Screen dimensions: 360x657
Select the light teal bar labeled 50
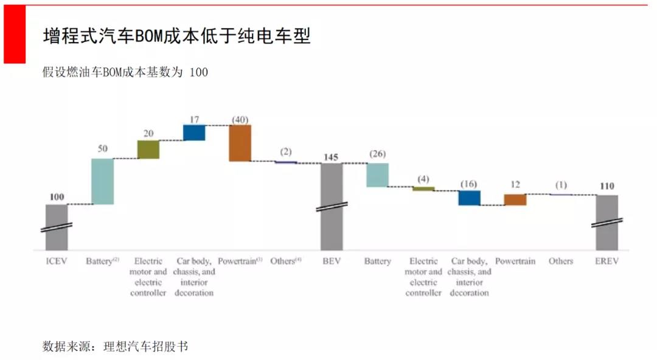click(x=102, y=181)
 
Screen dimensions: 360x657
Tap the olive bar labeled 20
click(x=148, y=150)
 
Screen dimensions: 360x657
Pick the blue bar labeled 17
click(x=194, y=133)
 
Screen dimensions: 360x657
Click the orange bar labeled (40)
click(x=240, y=143)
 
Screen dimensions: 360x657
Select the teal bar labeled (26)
click(x=377, y=175)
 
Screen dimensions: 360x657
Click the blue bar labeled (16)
click(x=469, y=198)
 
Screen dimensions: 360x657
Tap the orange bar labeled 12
click(x=515, y=199)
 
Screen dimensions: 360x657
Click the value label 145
click(x=332, y=157)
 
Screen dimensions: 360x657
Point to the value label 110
click(x=607, y=187)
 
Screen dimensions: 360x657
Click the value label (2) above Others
click(x=286, y=151)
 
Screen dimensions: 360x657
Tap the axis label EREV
click(x=607, y=261)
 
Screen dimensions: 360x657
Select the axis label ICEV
click(x=57, y=261)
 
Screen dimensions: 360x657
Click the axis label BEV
click(x=332, y=261)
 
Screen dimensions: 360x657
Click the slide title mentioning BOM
click(x=176, y=36)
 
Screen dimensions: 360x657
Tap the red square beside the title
click(x=14, y=34)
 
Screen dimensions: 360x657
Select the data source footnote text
click(x=116, y=347)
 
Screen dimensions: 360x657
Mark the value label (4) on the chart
click(x=423, y=179)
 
